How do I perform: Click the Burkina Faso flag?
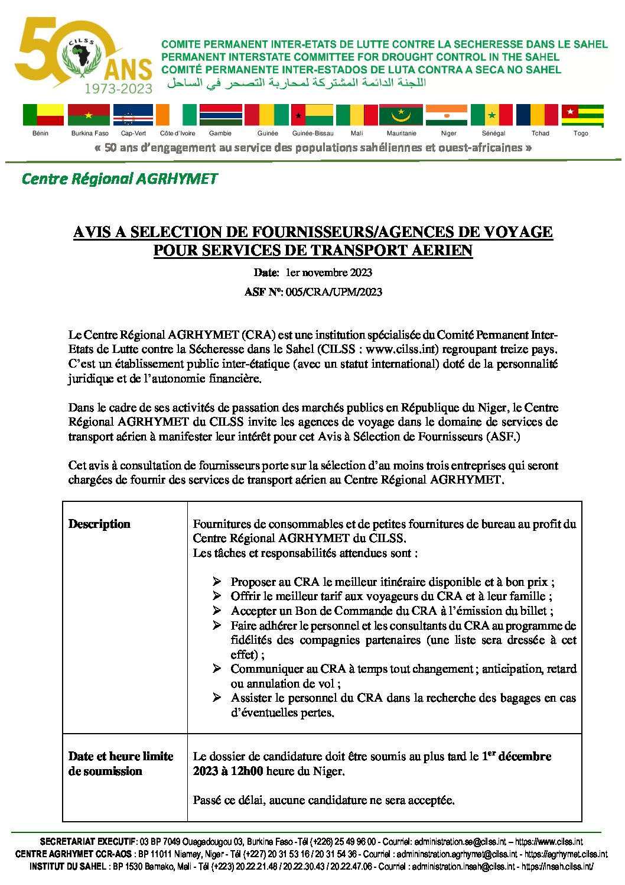[x=89, y=115]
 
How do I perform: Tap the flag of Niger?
[x=446, y=115]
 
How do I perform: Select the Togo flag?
[x=582, y=115]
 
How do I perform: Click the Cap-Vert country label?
[x=134, y=134]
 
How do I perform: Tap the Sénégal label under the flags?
[x=493, y=134]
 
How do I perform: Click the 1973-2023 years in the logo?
[x=118, y=89]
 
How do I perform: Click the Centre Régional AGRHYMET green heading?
[x=119, y=179]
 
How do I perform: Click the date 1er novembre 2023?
[x=328, y=273]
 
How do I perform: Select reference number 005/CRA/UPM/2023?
[x=334, y=292]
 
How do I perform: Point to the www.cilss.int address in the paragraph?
[x=402, y=349]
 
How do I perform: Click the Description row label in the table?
[x=99, y=524]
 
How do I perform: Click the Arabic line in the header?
[x=295, y=83]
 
